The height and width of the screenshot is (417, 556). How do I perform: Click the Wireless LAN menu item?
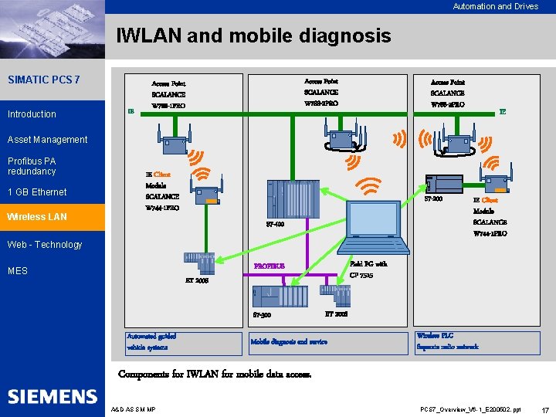click(x=36, y=217)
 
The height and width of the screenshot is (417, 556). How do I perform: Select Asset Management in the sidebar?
click(x=47, y=140)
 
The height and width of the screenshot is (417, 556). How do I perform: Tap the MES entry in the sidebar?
click(x=18, y=271)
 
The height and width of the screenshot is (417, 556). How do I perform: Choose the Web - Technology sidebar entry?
click(x=44, y=245)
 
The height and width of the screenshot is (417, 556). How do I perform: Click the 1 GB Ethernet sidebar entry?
click(x=37, y=192)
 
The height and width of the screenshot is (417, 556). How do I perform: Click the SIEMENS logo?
click(x=53, y=397)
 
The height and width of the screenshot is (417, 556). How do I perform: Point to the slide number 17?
click(x=545, y=409)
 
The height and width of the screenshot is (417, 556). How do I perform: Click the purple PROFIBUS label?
click(x=270, y=266)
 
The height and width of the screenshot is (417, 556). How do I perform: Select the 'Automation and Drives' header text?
click(x=495, y=6)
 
